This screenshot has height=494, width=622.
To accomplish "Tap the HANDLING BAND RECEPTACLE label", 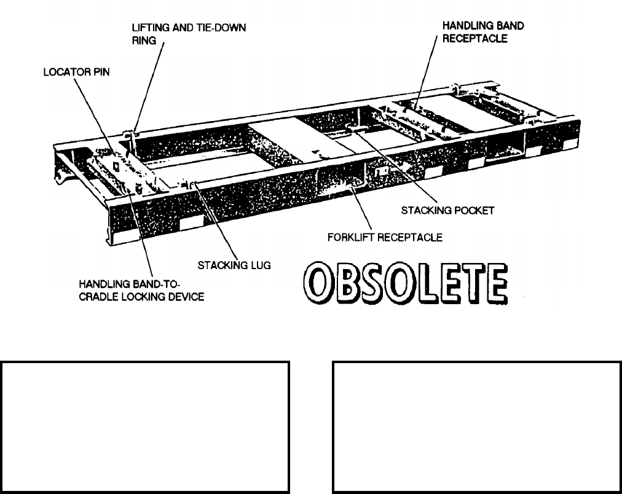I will click(483, 32).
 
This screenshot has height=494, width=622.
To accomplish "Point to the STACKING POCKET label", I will click(447, 210).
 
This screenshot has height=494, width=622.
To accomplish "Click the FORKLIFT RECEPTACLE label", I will click(385, 237).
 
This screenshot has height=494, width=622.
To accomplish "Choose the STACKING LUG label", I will click(234, 265).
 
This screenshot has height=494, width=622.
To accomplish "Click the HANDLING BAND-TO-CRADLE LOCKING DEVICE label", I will click(141, 291).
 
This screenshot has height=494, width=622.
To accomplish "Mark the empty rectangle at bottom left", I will click(146, 427).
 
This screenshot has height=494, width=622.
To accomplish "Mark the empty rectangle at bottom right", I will click(477, 427).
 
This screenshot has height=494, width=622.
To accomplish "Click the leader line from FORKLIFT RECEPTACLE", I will click(362, 212).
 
